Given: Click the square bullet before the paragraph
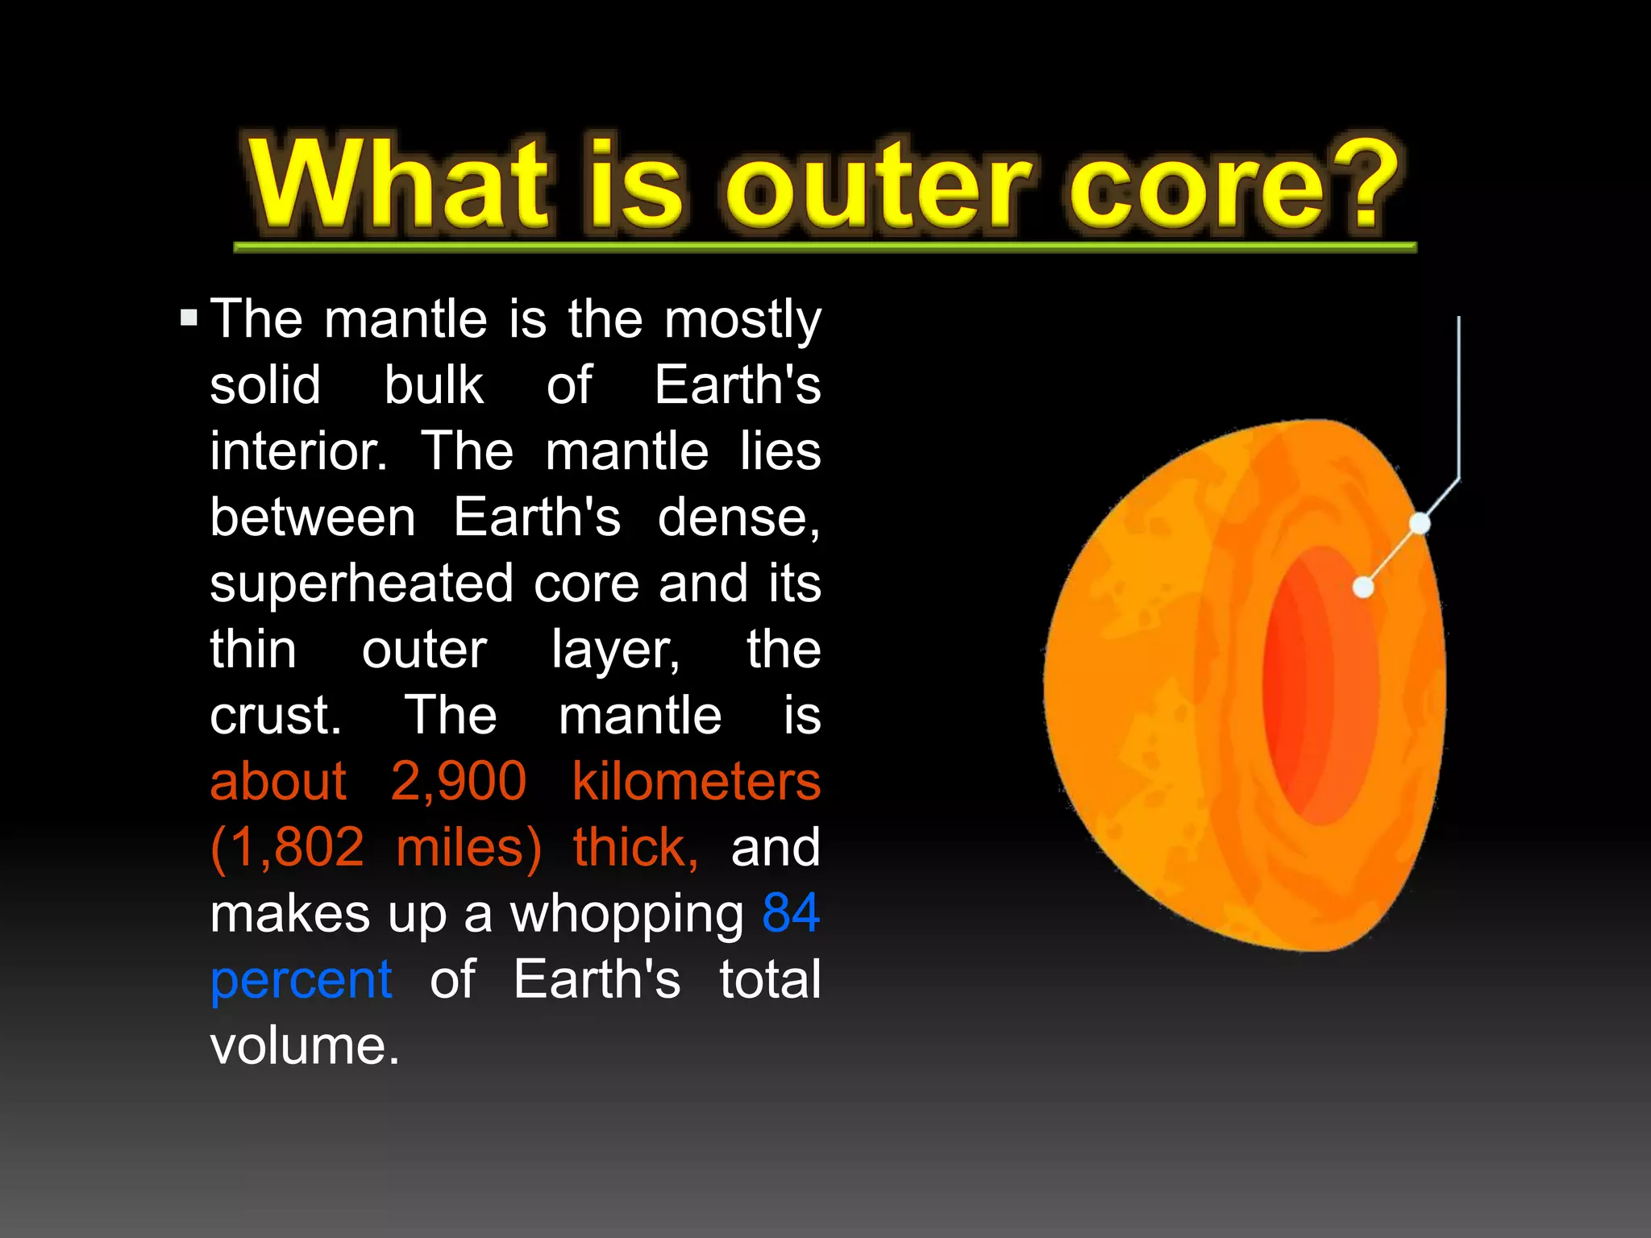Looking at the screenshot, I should point(189,317).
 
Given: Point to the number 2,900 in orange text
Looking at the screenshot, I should point(458,781).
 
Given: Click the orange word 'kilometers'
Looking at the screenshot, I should point(696,781).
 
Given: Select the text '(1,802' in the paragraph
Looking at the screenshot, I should point(287,848).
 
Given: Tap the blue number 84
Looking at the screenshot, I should point(791,913).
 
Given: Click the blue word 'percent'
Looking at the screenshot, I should point(301,980).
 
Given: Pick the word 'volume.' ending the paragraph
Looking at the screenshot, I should point(305,1046).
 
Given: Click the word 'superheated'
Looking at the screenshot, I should point(361,583).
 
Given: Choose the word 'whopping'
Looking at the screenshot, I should point(627,915).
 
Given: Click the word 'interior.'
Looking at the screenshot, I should point(298,451).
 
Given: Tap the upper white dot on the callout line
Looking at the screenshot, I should point(1420,524).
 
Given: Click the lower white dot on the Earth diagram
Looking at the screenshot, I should point(1363,588).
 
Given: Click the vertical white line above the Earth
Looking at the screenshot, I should point(1458,395).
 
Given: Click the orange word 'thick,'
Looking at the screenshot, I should point(635,848).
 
